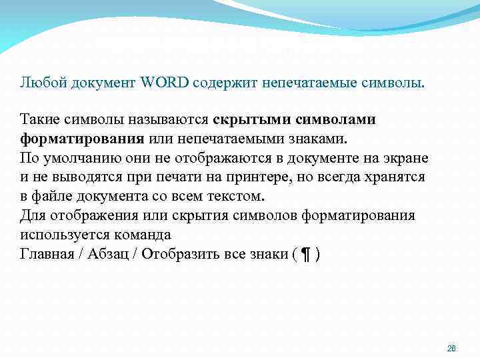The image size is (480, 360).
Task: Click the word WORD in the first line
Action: pyautogui.click(x=165, y=82)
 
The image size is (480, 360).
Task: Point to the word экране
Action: pyautogui.click(x=407, y=159)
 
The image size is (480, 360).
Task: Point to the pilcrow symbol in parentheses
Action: pyautogui.click(x=306, y=255)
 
